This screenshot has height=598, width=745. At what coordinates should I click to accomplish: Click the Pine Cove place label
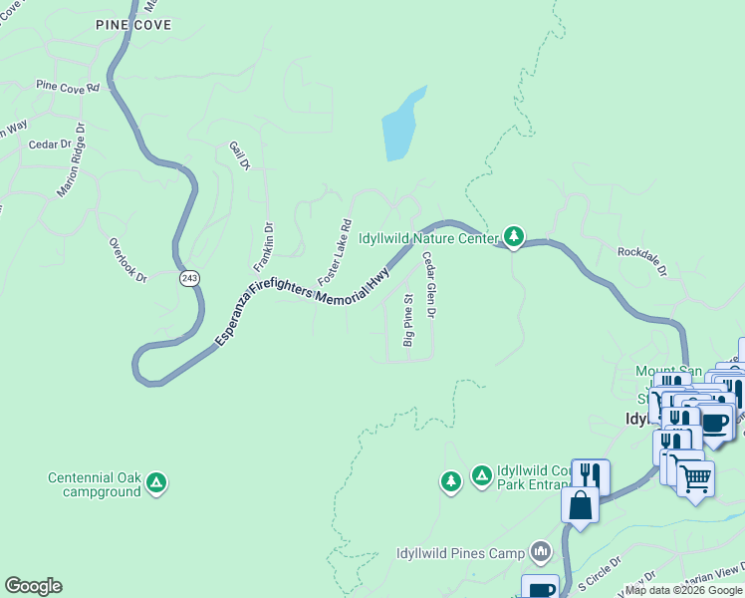pos(133,24)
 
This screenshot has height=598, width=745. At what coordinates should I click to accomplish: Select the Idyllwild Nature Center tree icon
pos(513,236)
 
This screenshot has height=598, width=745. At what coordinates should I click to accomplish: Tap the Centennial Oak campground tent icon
pos(155,484)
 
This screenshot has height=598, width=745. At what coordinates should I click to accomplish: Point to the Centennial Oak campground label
pos(95,484)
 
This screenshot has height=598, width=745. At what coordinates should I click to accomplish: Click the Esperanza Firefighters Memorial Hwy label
pos(302,296)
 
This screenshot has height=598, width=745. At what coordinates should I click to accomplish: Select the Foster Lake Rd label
pos(335,249)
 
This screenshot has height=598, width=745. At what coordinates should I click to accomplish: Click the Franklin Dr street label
pos(263,247)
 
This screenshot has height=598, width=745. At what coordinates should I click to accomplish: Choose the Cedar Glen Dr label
pos(429,285)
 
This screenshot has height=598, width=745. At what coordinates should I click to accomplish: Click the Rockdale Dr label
pos(641,262)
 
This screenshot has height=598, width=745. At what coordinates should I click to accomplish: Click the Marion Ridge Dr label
pos(75,159)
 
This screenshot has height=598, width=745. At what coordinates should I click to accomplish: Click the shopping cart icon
pos(695,477)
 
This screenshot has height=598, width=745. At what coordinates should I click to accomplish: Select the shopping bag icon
pos(580,505)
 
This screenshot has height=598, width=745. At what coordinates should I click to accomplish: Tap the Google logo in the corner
pos(33,586)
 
